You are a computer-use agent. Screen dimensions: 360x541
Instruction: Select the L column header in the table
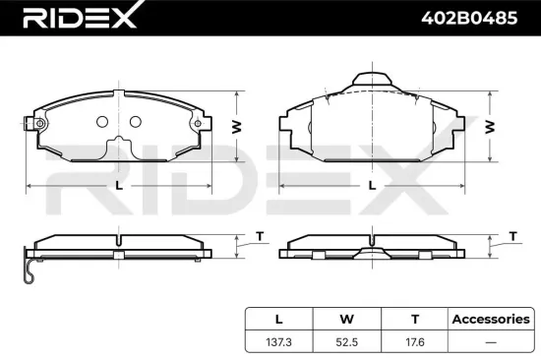278,319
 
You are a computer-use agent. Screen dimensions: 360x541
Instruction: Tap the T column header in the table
415,319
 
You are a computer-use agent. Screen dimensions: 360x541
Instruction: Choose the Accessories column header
489,319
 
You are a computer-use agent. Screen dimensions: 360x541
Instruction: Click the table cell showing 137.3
278,342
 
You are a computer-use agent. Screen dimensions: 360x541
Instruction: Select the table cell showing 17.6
415,342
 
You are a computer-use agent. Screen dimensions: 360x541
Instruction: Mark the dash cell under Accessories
489,342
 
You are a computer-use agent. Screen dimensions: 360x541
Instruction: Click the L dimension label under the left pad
119,185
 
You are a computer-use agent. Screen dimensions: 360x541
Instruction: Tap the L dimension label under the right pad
371,185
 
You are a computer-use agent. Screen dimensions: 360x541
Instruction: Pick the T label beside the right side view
512,235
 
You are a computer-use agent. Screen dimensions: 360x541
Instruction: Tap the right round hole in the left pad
135,122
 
